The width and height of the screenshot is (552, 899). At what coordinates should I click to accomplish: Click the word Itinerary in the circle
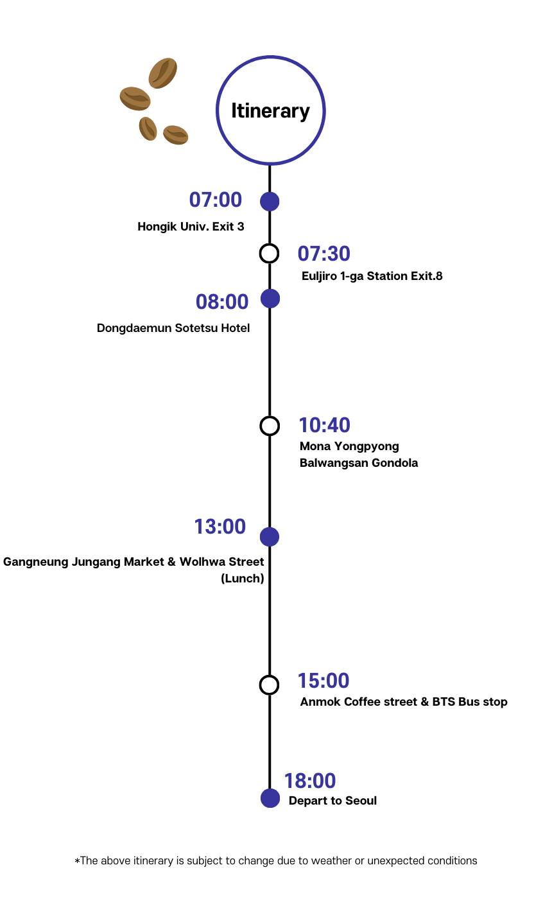tap(270, 111)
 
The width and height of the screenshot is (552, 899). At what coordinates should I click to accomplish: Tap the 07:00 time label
tap(216, 200)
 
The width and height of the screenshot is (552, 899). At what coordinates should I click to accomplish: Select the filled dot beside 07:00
tap(270, 201)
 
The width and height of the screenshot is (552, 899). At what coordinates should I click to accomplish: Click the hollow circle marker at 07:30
tap(270, 253)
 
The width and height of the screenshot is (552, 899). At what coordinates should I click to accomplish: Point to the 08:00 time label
tap(222, 301)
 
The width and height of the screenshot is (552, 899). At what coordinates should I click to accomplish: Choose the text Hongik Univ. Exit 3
tap(191, 227)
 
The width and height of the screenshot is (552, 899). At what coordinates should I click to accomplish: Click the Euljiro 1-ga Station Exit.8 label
tap(372, 276)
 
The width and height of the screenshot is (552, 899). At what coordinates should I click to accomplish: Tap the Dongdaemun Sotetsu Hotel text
tap(173, 328)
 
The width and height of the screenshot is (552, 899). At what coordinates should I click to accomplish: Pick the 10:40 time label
tap(325, 425)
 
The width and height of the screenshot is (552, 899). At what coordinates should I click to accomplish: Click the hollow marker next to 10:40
tap(270, 426)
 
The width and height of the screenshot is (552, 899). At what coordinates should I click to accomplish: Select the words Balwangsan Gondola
tap(359, 463)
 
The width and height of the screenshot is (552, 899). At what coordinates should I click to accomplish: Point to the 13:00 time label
tap(220, 527)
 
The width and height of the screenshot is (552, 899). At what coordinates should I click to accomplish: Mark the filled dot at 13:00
tap(270, 537)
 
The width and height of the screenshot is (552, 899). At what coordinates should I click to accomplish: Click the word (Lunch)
tap(243, 579)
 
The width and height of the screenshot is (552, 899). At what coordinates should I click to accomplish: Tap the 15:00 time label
tap(323, 681)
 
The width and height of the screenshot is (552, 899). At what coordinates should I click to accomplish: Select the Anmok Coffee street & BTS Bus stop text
tap(404, 702)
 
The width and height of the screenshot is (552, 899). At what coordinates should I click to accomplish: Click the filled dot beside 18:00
tap(270, 798)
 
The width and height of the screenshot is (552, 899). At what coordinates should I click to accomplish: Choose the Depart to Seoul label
tap(332, 801)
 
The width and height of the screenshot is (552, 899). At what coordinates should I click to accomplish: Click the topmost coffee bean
tap(163, 73)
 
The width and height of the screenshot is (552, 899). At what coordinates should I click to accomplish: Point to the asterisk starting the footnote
tap(78, 861)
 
